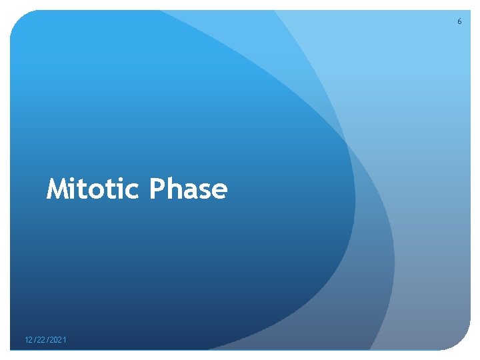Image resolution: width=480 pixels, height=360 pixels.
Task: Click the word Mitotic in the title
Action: click(94, 189)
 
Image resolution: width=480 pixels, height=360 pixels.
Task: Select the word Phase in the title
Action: click(189, 189)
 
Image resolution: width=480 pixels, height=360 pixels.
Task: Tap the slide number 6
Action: click(459, 22)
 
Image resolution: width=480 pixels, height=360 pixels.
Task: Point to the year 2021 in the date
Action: click(58, 341)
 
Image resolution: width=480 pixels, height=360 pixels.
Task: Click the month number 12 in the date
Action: click(29, 341)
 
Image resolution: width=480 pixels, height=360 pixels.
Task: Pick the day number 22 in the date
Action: click(41, 341)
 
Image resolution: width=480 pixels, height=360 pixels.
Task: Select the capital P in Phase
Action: click(157, 189)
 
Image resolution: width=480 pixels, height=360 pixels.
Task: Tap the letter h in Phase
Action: click(173, 189)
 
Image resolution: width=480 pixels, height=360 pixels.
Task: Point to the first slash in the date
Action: click(35, 341)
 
